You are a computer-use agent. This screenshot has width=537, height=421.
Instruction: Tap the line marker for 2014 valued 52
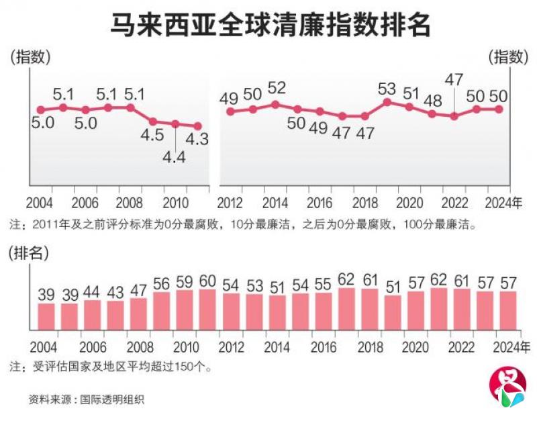275,105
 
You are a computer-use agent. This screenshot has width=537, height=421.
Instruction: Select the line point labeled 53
387,102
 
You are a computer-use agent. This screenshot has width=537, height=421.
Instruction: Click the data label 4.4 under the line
175,158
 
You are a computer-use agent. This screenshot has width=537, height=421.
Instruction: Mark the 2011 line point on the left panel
198,126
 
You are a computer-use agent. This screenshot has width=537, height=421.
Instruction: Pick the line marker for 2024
499,109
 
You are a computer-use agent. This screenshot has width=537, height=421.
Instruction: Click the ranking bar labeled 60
207,310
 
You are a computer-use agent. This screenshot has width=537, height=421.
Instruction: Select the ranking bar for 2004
46,316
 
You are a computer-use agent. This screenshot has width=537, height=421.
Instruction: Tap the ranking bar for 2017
347,309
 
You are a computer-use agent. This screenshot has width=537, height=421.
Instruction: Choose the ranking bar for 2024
507,310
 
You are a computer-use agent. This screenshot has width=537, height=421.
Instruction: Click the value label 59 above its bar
185,280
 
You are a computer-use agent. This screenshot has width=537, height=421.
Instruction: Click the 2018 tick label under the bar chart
369,346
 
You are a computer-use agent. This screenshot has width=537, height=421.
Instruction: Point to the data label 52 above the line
277,88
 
